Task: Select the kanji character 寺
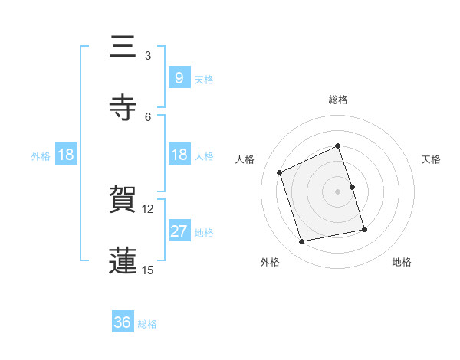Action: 122,107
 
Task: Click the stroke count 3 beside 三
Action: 148,56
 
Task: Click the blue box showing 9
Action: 179,77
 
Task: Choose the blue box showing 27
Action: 179,231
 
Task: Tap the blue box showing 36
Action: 122,322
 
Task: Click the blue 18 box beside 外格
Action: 66,155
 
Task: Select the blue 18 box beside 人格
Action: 179,155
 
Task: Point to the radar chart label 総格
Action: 338,100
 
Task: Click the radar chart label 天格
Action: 432,159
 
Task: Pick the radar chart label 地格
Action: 402,263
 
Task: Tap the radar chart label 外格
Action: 270,263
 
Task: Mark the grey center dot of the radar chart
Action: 338,191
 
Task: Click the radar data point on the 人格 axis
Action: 280,172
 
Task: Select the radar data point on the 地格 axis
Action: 364,229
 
